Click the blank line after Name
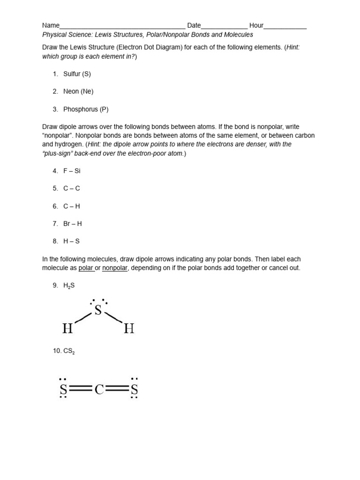tap(122, 26)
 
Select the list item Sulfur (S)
tap(77, 74)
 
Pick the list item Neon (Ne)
tap(78, 91)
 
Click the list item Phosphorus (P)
tap(86, 109)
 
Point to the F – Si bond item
tap(72, 171)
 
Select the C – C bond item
tap(72, 188)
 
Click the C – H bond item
tap(72, 206)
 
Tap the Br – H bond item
tap(73, 224)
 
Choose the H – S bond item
tap(72, 241)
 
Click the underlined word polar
tap(86, 268)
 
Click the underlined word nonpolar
tap(115, 268)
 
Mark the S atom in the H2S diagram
tap(98, 310)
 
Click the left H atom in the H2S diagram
tap(67, 329)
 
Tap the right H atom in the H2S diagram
tap(129, 329)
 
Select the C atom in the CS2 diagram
tap(99, 389)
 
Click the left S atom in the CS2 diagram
tap(63, 389)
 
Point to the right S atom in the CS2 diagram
tap(135, 389)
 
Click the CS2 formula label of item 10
tap(69, 351)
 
